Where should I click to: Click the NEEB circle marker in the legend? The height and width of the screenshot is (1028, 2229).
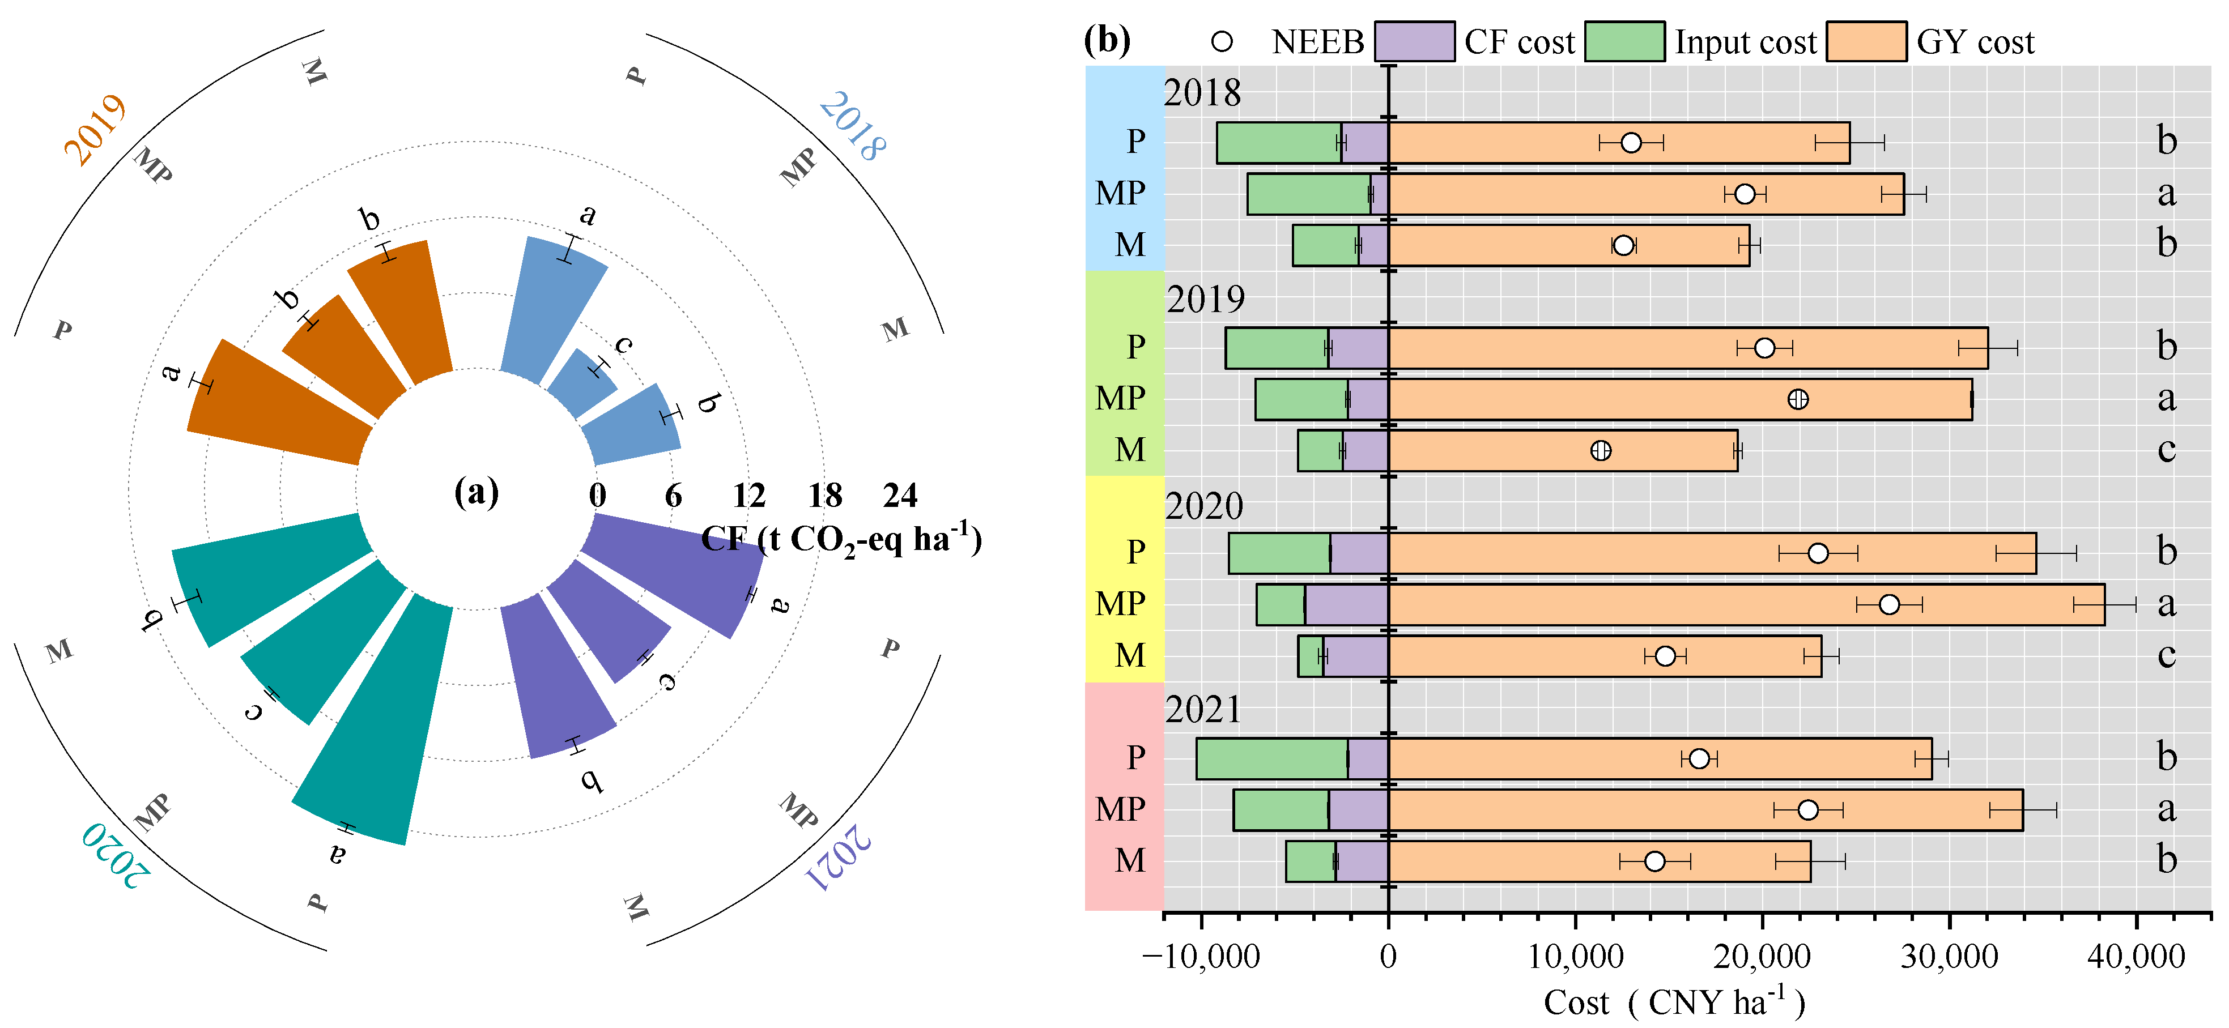(x=1222, y=41)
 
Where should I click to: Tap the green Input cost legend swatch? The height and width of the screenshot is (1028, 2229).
(x=1624, y=41)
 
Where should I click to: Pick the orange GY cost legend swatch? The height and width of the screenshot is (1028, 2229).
(x=1866, y=41)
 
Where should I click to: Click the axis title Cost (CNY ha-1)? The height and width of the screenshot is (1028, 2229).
(x=1674, y=1002)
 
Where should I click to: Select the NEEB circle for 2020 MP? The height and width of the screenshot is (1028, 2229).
(x=1889, y=604)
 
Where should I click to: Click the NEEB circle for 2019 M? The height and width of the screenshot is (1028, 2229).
(x=1601, y=450)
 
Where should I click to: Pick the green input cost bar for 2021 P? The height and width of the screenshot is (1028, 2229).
(x=1272, y=759)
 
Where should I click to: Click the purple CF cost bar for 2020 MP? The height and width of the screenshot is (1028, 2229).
(x=1346, y=604)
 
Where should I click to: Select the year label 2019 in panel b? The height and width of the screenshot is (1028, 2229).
(x=1205, y=300)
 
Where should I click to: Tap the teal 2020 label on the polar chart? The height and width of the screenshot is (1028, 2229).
(x=116, y=855)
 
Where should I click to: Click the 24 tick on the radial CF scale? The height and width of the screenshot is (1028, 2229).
(x=900, y=496)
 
